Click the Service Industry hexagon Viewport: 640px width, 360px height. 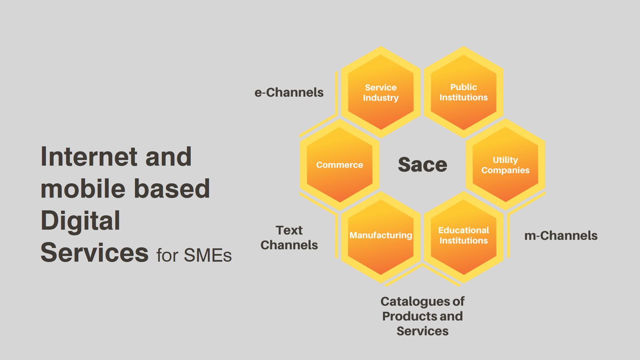(x=381, y=92)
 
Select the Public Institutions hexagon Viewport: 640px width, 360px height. (x=463, y=92)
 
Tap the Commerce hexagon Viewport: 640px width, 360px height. (x=339, y=165)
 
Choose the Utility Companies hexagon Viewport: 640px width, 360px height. (x=505, y=165)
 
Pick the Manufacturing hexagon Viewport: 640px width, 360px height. (x=381, y=237)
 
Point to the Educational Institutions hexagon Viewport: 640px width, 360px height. (x=463, y=237)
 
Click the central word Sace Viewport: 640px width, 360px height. (x=422, y=165)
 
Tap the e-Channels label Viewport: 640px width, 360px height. (x=289, y=92)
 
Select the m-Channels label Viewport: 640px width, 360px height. (x=561, y=236)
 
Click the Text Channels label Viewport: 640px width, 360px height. (x=289, y=237)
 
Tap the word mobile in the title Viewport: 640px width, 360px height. (x=83, y=189)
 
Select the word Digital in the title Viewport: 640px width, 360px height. (x=80, y=221)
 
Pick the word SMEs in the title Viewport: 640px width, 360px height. (x=207, y=256)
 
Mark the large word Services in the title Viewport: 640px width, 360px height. (x=94, y=253)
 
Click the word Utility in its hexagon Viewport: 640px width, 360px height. (x=505, y=160)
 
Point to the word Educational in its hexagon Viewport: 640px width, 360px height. (x=463, y=230)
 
